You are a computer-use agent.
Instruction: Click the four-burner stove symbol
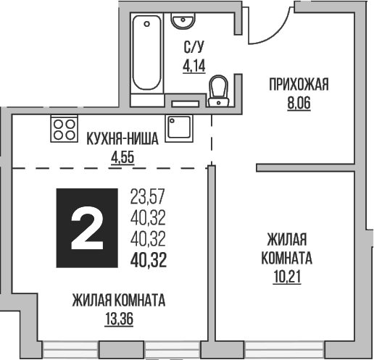[x=64, y=129]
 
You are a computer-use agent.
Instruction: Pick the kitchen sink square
[x=178, y=128]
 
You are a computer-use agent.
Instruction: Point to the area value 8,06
[x=299, y=103]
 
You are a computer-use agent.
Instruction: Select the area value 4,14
[x=193, y=66]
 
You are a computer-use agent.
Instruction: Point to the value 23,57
[x=148, y=195]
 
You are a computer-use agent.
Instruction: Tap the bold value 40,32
[x=148, y=260]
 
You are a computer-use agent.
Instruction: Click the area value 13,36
[x=120, y=317]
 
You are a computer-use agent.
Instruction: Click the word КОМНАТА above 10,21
[x=289, y=257]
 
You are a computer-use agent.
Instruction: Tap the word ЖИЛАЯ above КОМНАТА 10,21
[x=289, y=240]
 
